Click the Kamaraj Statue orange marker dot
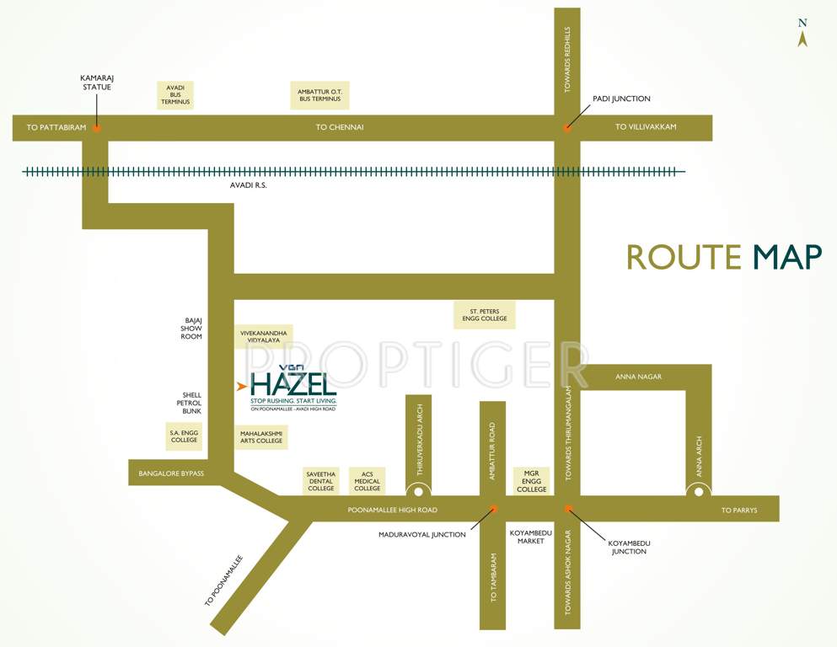[x=97, y=128]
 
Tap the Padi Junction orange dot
[x=567, y=128]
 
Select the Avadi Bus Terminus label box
[x=176, y=95]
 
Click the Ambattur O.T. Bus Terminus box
[x=319, y=95]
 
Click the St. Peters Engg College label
[x=485, y=315]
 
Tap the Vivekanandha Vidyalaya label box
[x=264, y=337]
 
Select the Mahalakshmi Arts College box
[x=261, y=436]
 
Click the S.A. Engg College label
[x=184, y=436]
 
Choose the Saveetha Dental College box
[x=321, y=481]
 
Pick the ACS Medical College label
[x=368, y=481]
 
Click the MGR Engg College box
[x=531, y=481]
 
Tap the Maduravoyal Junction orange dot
[x=493, y=509]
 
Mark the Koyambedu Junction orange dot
[x=567, y=509]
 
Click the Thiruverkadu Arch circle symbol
[x=418, y=490]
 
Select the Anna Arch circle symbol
[x=699, y=490]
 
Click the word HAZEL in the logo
[x=293, y=383]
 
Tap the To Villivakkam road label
[x=646, y=127]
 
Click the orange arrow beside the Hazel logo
[x=242, y=387]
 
